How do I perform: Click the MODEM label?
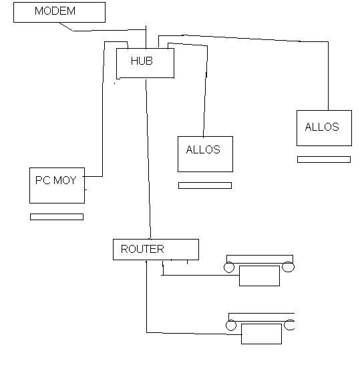click(x=55, y=11)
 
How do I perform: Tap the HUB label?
click(x=142, y=61)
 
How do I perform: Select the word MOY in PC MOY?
click(x=65, y=180)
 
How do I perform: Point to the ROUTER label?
click(x=142, y=249)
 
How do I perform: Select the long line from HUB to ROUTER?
click(x=148, y=159)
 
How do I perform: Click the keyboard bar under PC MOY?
click(x=57, y=217)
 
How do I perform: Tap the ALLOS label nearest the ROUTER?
click(x=203, y=149)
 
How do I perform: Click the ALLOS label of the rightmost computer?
click(x=322, y=127)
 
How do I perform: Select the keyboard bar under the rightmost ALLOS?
click(x=324, y=159)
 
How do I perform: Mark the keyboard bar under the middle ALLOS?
click(x=205, y=185)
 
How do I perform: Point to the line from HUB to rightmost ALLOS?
click(x=263, y=39)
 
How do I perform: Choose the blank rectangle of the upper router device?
click(x=259, y=276)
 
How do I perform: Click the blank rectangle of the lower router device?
click(x=261, y=334)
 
